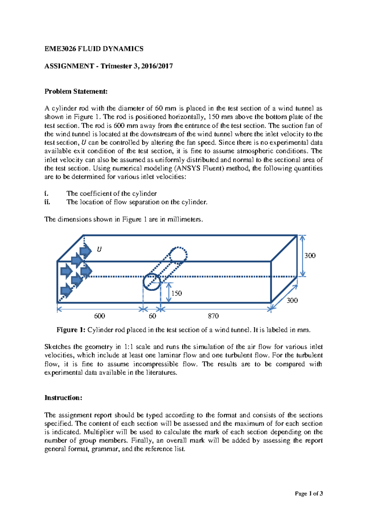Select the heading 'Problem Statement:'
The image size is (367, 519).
coord(76,91)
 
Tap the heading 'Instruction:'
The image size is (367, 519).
coord(63,398)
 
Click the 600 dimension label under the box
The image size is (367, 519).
coord(99,316)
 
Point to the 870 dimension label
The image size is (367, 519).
coord(213,316)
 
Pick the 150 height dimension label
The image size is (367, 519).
coord(176,293)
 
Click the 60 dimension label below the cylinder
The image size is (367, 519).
coord(152,316)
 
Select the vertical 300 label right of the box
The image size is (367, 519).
coord(310,256)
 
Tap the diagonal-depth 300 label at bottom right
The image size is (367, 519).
coord(292,300)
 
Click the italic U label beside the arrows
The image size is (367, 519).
coord(99,249)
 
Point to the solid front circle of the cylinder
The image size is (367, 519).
coord(152,282)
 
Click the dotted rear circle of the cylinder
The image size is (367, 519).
coord(178,255)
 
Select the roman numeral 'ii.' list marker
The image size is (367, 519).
coord(47,202)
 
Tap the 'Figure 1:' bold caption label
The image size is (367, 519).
coord(71,330)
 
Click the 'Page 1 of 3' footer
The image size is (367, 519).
coord(309,493)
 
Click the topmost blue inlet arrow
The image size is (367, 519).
coord(85,251)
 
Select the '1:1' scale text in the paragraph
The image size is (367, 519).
coord(128,347)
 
